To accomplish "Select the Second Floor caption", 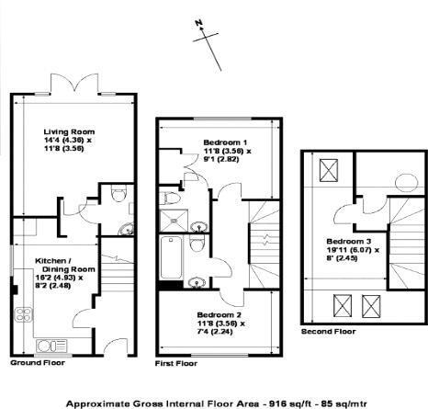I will [x=329, y=331].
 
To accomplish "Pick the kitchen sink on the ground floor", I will [x=51, y=347].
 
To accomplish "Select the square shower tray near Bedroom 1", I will [x=172, y=219].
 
